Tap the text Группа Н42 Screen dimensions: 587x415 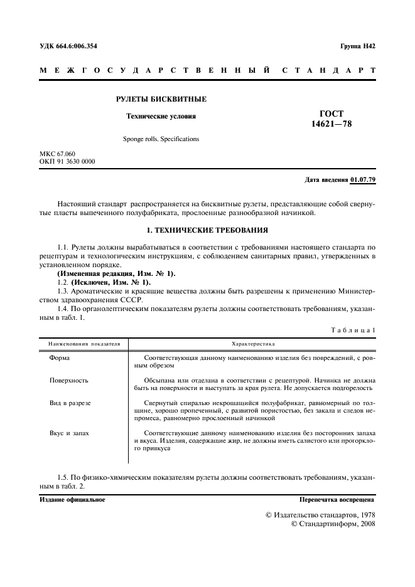357,46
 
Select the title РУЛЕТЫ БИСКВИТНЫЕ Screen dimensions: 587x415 161,99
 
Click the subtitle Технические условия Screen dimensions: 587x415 161,116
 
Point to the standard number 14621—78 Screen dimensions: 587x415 331,124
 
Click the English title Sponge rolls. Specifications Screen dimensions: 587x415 161,139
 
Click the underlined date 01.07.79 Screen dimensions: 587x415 363,181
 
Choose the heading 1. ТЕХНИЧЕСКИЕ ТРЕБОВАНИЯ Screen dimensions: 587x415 207,230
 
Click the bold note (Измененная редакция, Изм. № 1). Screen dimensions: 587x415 117,274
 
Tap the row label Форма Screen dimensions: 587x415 60,357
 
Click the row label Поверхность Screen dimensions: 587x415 68,380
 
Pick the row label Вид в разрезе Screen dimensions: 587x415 70,403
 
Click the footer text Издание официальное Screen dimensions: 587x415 72,500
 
